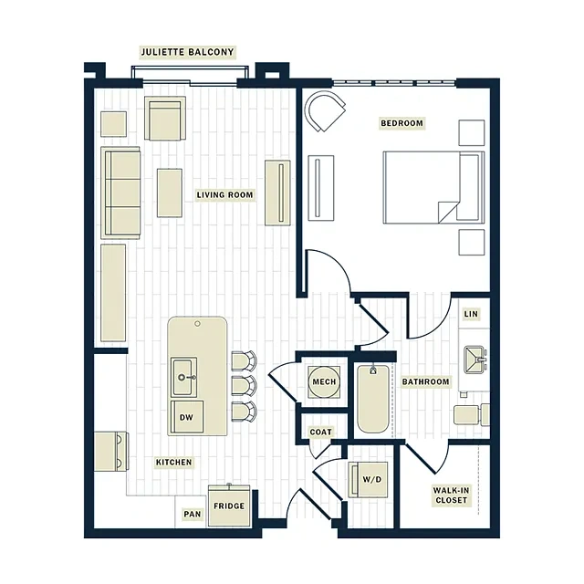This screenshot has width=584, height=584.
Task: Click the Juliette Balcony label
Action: coord(187,52)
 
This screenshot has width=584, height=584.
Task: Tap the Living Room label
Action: coord(225,194)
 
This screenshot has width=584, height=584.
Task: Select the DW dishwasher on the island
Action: coord(187,416)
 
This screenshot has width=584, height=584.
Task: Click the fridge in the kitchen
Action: coord(229,506)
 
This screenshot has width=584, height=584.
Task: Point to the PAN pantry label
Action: coord(193,514)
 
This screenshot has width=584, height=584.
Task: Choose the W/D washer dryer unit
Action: coord(368,479)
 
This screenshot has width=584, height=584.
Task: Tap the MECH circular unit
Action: coord(324,381)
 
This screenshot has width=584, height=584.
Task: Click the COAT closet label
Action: coord(320,432)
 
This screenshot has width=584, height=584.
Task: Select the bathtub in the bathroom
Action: coord(373,399)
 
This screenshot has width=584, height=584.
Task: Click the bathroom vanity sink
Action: coord(475,360)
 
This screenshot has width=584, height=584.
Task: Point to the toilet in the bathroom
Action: coord(472,414)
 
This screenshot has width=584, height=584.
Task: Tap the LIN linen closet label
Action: coord(471,314)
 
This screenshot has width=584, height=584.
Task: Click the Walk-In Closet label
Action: coord(451,495)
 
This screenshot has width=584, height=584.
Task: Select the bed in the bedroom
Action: coord(434,187)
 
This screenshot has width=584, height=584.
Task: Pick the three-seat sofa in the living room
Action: coord(120,193)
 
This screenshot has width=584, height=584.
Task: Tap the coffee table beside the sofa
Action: coord(170,193)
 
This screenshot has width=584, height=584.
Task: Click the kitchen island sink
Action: coord(184,377)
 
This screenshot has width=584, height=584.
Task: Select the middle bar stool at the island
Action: coord(245,385)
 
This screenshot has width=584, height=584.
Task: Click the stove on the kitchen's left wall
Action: coord(111,452)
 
